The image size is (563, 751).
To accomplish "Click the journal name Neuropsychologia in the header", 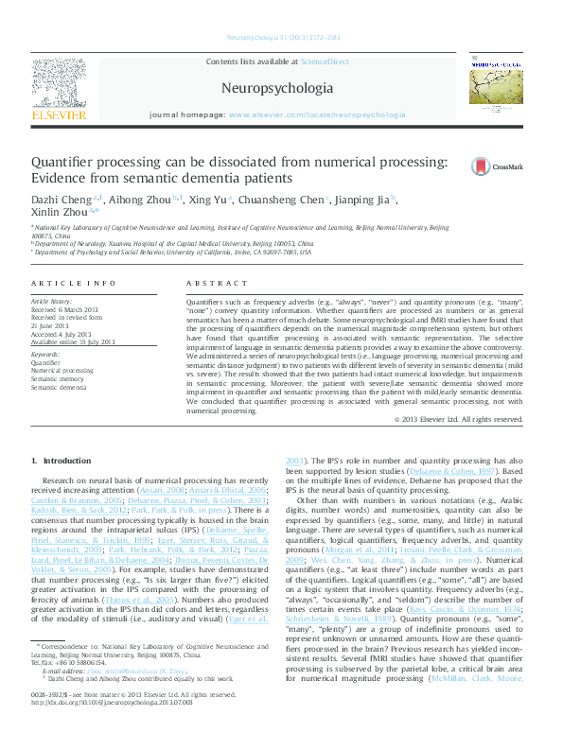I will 276,89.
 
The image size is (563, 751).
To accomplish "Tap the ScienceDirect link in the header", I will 325,61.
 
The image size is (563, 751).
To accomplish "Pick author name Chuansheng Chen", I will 291,200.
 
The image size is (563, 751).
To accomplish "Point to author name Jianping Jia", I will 363,200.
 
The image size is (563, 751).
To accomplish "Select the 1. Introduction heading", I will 62,461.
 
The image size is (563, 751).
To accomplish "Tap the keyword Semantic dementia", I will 59,387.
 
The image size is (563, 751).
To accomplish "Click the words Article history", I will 50,300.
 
